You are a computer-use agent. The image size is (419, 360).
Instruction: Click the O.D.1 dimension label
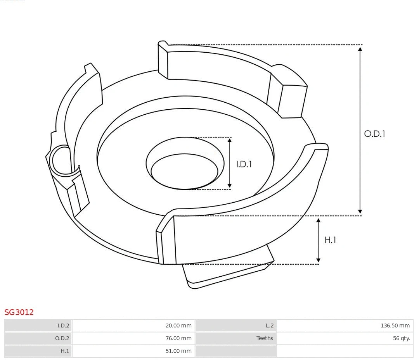pos(374,134)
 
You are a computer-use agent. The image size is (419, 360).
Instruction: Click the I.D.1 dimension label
pos(244,164)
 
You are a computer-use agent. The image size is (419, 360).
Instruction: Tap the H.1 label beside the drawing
pos(330,240)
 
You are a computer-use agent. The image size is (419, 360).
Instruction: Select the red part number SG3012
pos(19,312)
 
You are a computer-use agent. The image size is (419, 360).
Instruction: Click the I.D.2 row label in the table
pos(63,326)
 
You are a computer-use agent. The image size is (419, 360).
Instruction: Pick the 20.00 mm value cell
pos(178,326)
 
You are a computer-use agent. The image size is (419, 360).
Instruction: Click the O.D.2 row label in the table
pos(62,338)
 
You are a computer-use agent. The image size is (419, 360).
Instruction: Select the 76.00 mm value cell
pos(178,338)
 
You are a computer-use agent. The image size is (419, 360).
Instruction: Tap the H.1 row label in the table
pos(64,351)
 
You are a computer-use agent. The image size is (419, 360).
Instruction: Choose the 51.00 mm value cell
pos(178,351)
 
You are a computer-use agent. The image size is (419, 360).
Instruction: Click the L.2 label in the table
pos(269,326)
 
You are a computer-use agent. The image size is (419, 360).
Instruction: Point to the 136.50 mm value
pos(395,326)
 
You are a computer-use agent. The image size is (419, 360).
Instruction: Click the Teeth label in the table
pos(265,338)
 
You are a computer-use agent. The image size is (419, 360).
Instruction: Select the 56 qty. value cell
pos(401,338)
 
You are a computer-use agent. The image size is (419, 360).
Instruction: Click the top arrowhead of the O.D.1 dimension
pos(360,49)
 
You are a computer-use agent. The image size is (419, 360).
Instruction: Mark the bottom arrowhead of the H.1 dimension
pos(319,260)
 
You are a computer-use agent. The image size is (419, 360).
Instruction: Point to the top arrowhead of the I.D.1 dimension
pos(230,140)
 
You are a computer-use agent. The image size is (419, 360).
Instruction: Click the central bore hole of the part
pos(184,171)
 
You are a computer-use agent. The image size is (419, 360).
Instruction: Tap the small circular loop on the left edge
pos(61,160)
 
